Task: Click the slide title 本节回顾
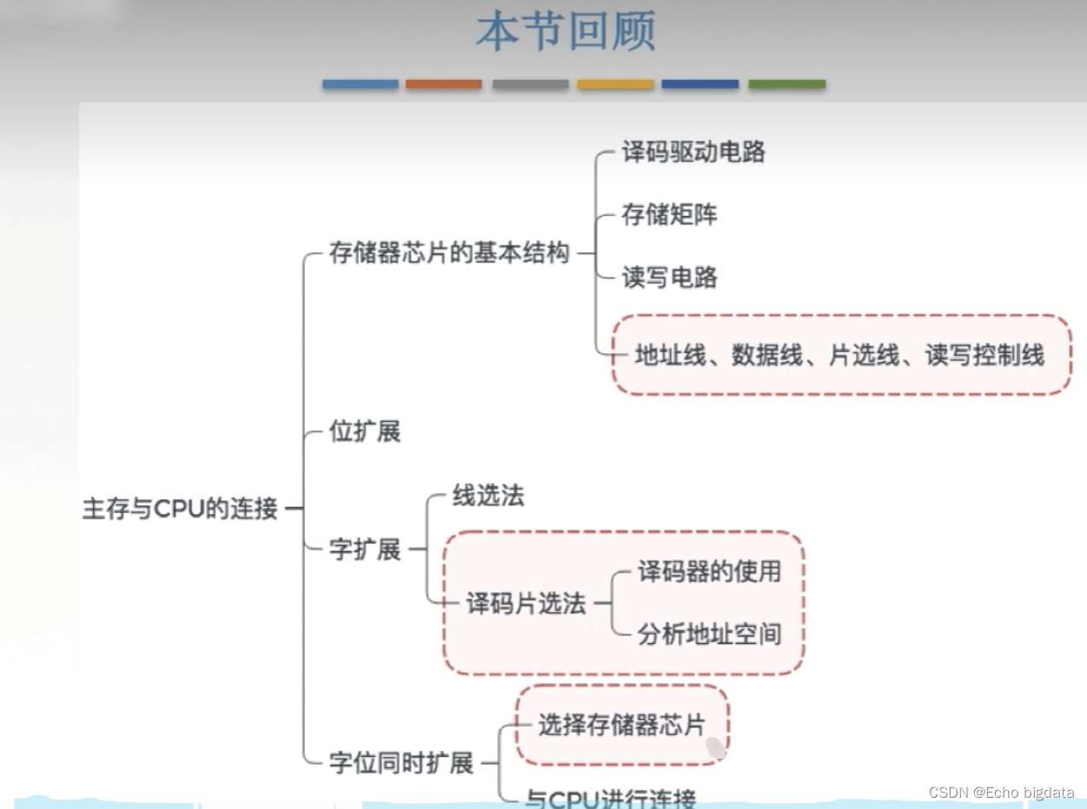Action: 565,32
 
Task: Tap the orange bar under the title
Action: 443,84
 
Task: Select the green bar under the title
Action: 786,84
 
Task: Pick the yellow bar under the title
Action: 615,84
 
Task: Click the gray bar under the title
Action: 530,84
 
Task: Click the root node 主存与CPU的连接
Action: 180,509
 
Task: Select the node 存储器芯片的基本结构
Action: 449,253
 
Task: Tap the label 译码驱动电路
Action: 693,153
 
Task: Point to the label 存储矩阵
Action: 669,214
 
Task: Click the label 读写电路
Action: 669,278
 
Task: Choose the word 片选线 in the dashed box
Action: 863,355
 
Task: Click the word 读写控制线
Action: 984,355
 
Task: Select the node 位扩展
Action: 365,431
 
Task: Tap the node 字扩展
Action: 365,549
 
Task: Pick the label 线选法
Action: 488,497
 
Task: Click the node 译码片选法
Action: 527,604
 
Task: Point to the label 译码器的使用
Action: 709,571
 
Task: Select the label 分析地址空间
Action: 709,634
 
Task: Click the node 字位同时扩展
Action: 401,764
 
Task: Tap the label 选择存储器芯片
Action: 620,725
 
